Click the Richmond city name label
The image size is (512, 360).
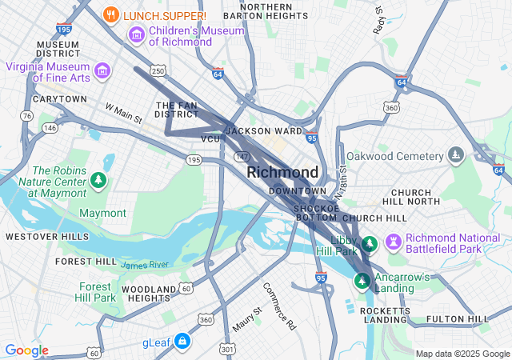282,172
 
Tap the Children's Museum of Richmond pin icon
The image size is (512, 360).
136,35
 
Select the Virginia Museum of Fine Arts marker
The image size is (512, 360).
102,71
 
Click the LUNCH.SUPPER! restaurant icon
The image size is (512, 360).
112,15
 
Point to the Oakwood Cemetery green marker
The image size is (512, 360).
456,154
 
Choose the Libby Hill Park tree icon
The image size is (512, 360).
369,243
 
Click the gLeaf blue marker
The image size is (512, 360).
182,342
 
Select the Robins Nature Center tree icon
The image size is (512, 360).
98,180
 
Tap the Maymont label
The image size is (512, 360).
102,213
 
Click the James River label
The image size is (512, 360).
145,264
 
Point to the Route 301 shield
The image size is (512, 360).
228,349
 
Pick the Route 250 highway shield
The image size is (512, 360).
158,71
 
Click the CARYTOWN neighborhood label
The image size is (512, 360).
59,99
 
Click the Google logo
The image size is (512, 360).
26,350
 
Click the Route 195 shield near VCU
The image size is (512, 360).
194,160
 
